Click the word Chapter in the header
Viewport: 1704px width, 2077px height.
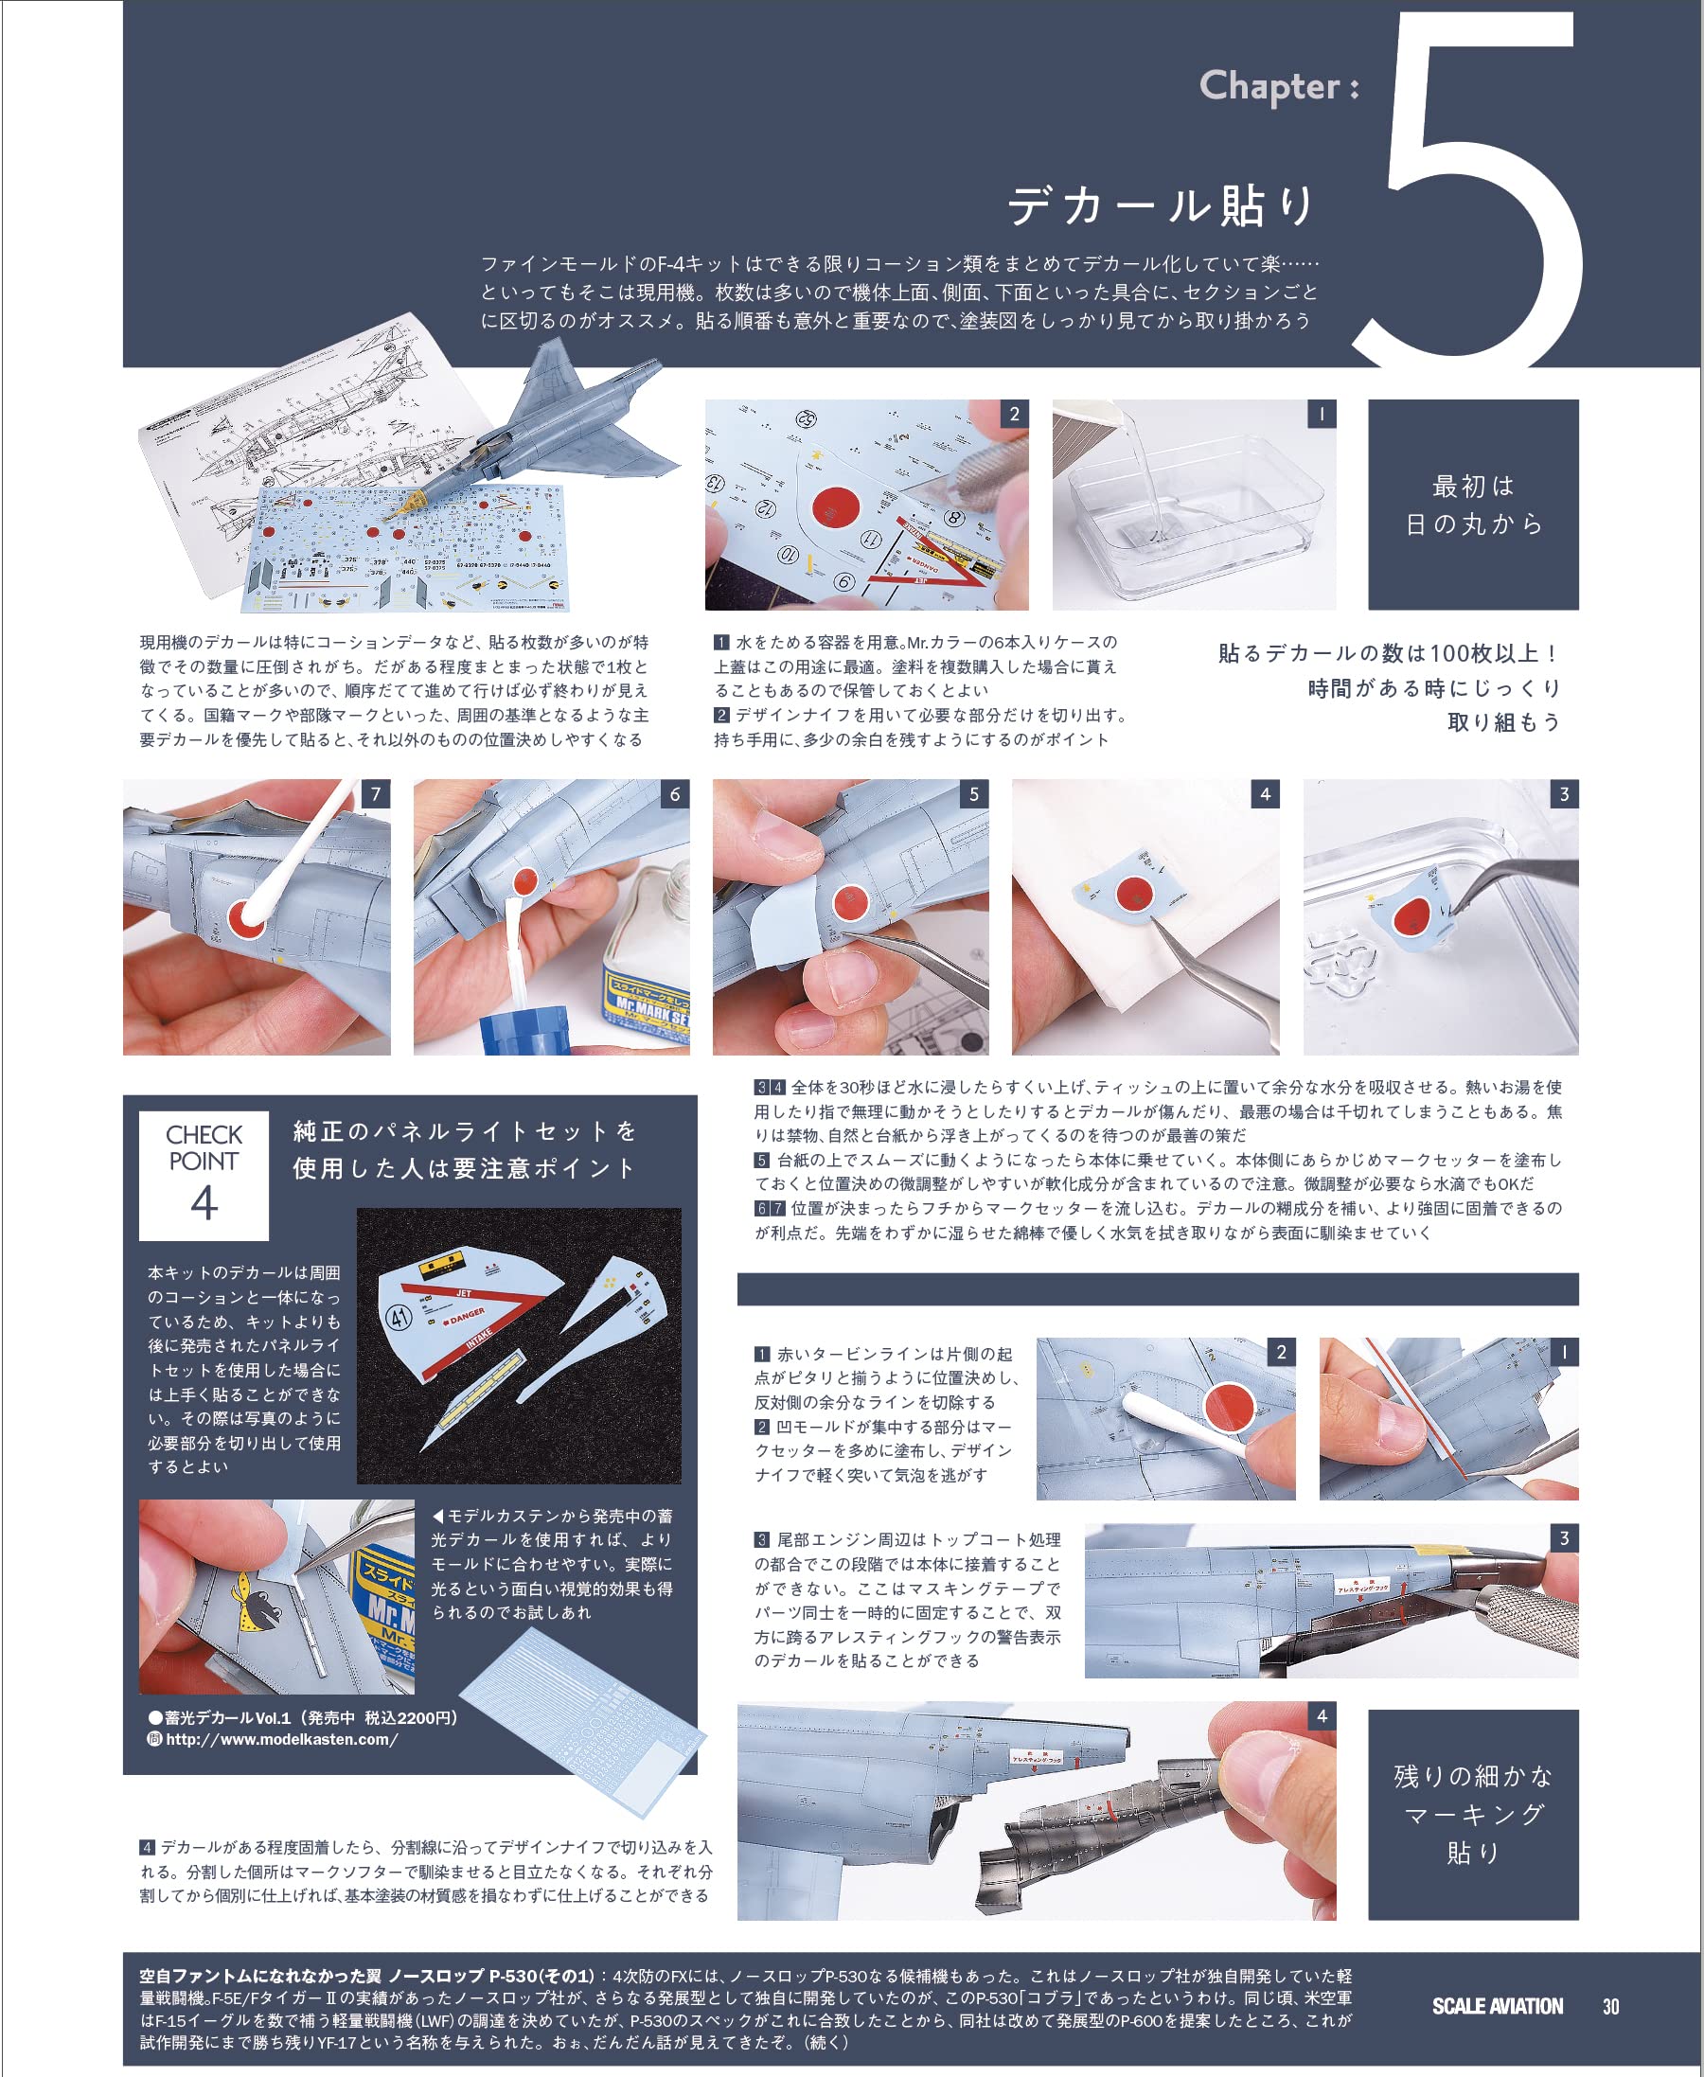pos(1269,86)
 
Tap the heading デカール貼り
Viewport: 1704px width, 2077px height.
pos(1162,205)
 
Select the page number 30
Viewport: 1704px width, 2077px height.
pos(1610,2006)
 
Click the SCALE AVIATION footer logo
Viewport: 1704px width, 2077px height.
pos(1497,2006)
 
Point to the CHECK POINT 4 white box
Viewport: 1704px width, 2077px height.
pos(204,1175)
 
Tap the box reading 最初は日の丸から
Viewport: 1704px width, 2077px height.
pos(1473,505)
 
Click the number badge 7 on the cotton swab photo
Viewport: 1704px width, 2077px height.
pos(376,794)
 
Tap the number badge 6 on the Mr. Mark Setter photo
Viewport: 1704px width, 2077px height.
pos(675,794)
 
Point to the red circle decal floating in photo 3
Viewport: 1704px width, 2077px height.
pos(1411,916)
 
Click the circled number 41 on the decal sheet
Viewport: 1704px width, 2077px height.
pos(399,1319)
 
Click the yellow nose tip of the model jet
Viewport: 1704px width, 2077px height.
pos(401,509)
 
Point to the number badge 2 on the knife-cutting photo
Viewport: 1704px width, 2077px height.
pos(1015,415)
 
